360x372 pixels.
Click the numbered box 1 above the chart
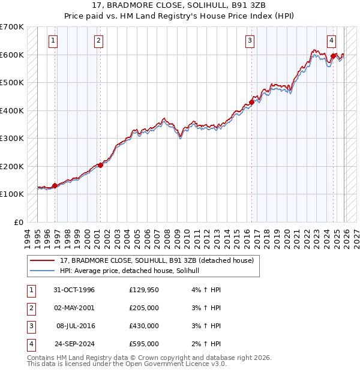point(53,41)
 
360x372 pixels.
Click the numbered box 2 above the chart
point(98,41)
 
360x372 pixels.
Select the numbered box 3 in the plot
point(249,41)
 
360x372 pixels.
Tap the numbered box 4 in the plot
point(331,41)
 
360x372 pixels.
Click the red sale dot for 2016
point(252,102)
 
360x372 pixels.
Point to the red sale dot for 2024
point(333,56)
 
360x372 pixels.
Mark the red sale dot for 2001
point(100,165)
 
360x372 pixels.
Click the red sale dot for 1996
point(55,185)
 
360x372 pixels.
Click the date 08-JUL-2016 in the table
point(76,326)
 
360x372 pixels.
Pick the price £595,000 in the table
point(144,344)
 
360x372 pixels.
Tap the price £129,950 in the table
point(144,290)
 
